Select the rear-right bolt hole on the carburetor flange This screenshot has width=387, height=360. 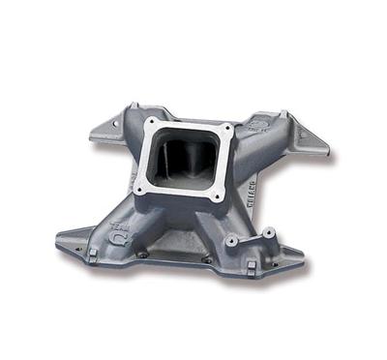click(227, 129)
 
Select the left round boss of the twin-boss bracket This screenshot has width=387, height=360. click(233, 238)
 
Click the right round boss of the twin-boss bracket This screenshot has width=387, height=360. click(267, 232)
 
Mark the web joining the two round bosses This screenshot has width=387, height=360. click(251, 236)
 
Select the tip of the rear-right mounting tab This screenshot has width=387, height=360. click(326, 152)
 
